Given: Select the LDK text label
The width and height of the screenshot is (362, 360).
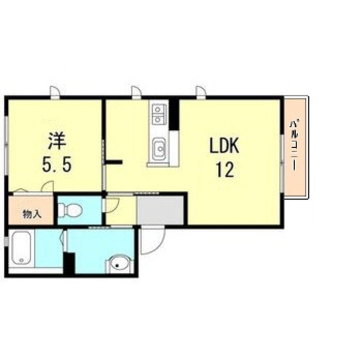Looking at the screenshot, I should pyautogui.click(x=225, y=147).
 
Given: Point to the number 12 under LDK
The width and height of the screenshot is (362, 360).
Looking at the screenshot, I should pyautogui.click(x=225, y=170).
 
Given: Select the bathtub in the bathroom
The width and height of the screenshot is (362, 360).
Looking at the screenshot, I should pyautogui.click(x=21, y=250).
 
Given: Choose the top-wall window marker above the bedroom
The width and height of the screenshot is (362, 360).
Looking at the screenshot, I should pyautogui.click(x=54, y=92).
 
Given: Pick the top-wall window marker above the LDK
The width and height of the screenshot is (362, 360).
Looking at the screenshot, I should pyautogui.click(x=201, y=92).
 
